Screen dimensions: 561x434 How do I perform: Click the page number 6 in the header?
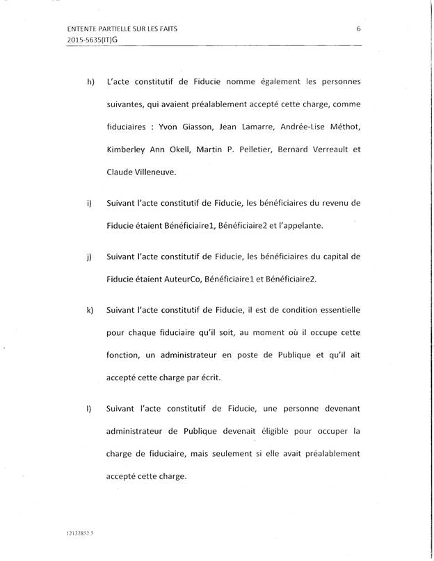pyautogui.click(x=357, y=29)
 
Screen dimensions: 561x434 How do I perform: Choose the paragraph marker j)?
pyautogui.click(x=89, y=257)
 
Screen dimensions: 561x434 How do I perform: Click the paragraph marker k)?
pyautogui.click(x=90, y=309)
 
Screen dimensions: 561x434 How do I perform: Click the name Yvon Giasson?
pyautogui.click(x=186, y=128)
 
